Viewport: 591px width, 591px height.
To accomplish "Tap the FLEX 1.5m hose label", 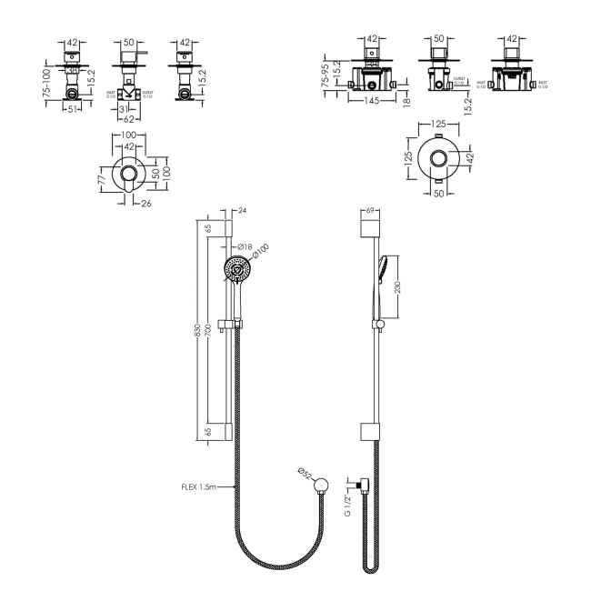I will coord(198,486).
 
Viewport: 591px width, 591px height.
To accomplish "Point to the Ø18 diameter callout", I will coord(244,246).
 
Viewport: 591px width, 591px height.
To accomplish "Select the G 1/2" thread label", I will coord(346,500).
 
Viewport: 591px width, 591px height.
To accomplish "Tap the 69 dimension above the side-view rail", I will coord(369,212).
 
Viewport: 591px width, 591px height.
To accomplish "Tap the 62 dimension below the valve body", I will coord(129,118).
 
